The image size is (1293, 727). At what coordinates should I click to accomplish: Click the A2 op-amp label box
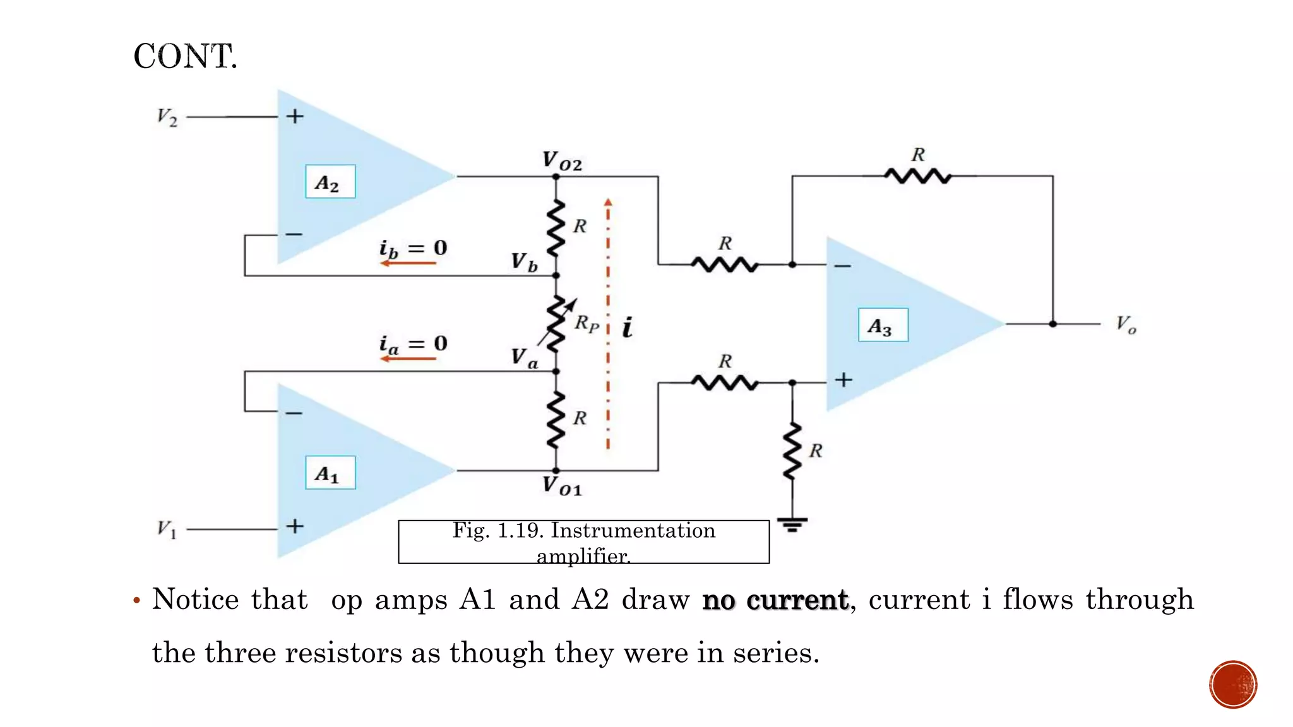tap(330, 182)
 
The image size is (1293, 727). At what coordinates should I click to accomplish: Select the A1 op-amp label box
tap(330, 473)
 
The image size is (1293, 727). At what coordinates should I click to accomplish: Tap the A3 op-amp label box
tap(883, 325)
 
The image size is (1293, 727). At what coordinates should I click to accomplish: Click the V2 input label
tap(167, 117)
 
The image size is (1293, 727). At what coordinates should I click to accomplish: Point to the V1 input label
tap(167, 528)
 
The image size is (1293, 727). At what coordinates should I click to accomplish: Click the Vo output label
tap(1126, 324)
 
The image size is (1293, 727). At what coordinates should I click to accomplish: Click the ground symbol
tap(792, 524)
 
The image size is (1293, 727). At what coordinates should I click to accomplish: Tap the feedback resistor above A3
tap(917, 176)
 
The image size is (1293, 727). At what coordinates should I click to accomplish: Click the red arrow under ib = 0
tap(408, 263)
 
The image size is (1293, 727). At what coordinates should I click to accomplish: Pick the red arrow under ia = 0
tap(408, 358)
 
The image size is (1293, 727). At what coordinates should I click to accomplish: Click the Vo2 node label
tap(562, 160)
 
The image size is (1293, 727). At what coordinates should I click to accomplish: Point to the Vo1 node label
tap(562, 486)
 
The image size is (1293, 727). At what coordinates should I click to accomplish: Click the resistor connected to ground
tap(792, 452)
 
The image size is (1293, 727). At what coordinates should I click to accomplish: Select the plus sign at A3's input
tap(843, 380)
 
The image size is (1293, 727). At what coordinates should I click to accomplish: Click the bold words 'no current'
tap(775, 600)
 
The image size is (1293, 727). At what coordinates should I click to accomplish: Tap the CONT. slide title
tap(185, 56)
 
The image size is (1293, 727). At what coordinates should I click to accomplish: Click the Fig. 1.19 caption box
tap(583, 541)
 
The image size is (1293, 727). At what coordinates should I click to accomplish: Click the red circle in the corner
tap(1233, 684)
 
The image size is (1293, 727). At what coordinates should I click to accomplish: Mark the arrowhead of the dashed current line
tap(608, 203)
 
